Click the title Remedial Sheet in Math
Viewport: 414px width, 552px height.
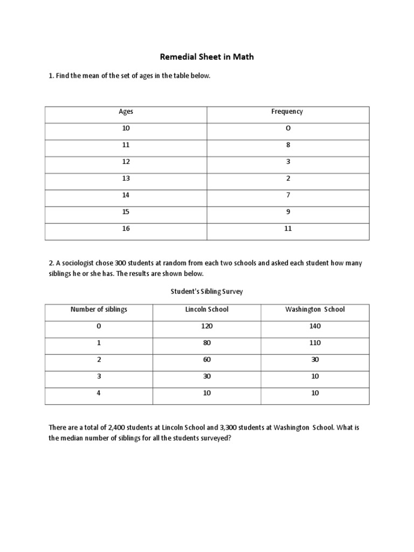207,57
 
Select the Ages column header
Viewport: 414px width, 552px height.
126,112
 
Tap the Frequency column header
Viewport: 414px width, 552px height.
287,112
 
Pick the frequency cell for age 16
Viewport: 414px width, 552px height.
288,229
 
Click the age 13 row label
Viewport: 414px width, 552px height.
126,178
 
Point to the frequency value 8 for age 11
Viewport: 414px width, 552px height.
288,145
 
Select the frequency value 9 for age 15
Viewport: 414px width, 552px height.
288,212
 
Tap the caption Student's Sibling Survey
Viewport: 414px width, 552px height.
207,292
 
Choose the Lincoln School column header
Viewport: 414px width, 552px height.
207,309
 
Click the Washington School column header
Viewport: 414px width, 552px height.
315,309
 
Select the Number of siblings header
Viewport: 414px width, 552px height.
99,309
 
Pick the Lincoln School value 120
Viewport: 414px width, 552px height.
207,326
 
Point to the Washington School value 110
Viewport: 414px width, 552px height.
315,343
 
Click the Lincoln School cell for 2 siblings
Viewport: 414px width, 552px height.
207,360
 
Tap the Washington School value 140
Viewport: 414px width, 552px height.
315,326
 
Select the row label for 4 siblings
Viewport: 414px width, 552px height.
99,393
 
